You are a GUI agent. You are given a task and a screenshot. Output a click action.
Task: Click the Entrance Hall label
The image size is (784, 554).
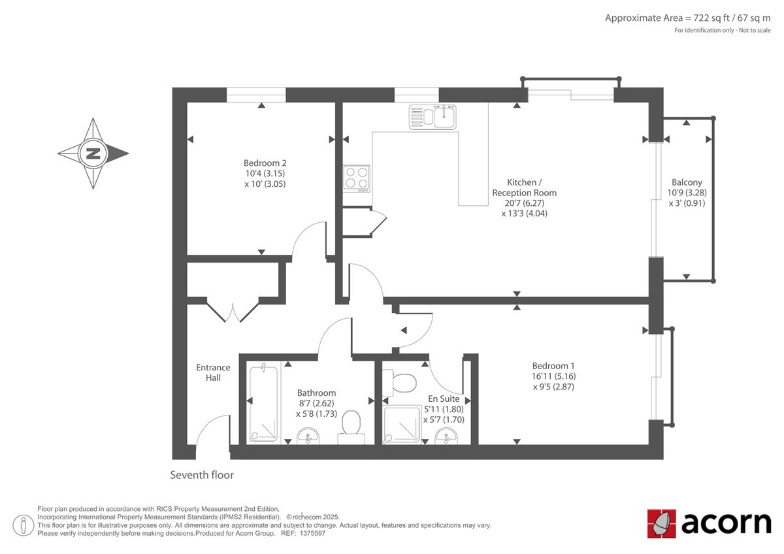click(213, 372)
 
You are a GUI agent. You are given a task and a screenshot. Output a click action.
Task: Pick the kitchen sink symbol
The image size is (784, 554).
click(433, 117)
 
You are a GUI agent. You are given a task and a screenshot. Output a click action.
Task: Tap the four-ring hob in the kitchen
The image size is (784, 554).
click(357, 177)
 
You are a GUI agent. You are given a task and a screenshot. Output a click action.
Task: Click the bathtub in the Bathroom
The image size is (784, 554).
click(263, 403)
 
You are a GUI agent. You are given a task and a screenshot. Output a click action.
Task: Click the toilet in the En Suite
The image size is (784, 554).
click(401, 382)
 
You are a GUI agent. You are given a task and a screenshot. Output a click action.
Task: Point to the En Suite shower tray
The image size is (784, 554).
click(402, 425)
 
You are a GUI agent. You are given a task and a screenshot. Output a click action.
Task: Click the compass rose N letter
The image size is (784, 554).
click(93, 154)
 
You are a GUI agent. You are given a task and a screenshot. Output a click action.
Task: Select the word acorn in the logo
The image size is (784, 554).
click(726, 523)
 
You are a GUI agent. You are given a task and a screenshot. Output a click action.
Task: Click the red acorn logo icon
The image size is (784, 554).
click(661, 523)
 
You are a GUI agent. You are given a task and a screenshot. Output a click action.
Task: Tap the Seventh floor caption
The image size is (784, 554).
click(202, 475)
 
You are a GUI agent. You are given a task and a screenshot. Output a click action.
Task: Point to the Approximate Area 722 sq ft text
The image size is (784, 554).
click(687, 18)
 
